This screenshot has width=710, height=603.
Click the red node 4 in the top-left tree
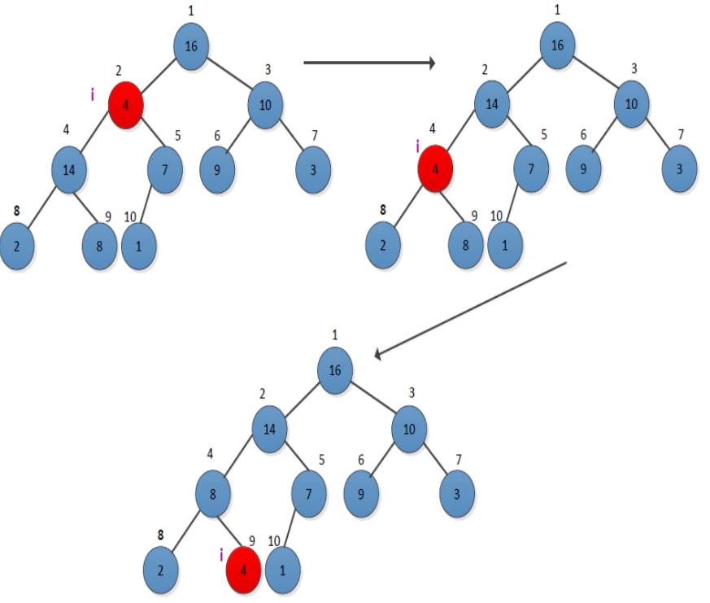tap(125, 106)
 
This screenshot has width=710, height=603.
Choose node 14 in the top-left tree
tap(68, 170)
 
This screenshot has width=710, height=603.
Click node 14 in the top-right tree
tap(492, 106)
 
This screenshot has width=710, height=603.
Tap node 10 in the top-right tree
tap(631, 106)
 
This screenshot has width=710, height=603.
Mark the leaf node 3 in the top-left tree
tap(313, 170)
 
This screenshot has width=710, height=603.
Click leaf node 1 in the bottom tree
tap(282, 567)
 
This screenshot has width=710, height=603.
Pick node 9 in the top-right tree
tap(583, 170)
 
